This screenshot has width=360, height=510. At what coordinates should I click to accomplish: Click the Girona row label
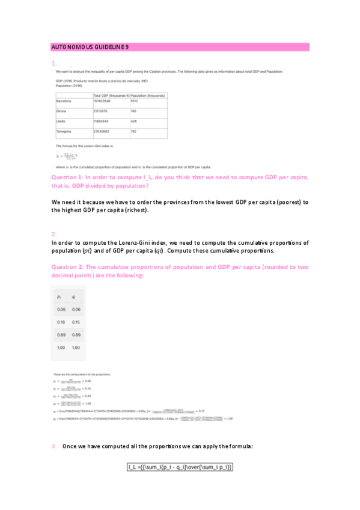(x=60, y=111)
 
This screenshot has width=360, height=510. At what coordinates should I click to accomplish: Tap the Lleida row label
(x=60, y=121)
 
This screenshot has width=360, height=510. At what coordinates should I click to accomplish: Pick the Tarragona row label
(x=63, y=131)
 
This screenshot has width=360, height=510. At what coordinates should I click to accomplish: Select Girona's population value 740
(x=133, y=111)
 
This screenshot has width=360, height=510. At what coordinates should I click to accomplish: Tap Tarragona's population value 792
(x=133, y=131)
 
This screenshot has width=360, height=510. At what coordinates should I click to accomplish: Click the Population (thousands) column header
(x=147, y=95)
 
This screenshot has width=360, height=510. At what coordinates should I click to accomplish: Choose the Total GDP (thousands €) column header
(x=111, y=95)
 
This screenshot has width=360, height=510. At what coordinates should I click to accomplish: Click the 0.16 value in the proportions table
(x=60, y=321)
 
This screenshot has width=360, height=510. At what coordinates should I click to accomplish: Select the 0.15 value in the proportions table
(x=76, y=321)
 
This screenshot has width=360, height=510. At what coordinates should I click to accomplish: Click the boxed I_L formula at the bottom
(x=180, y=467)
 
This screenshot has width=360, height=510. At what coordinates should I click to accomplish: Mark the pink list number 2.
(x=53, y=234)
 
